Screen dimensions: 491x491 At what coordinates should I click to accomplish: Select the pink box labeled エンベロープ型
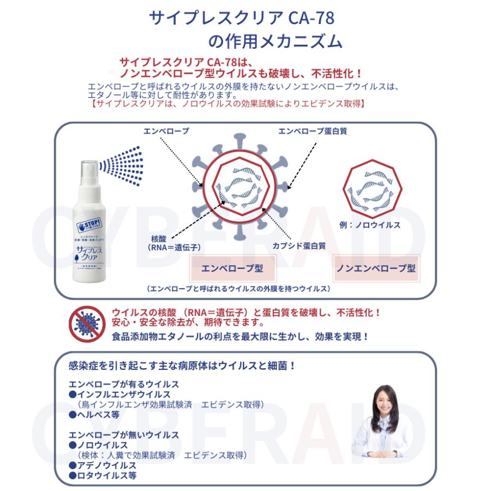[x=232, y=268]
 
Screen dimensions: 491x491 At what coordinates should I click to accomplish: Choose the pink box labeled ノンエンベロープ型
[x=376, y=268]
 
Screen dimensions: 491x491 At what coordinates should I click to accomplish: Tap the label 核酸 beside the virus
[x=161, y=238]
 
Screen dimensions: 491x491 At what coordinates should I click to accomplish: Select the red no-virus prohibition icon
[x=86, y=324]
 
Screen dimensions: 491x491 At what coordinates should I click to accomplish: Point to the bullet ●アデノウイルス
[x=103, y=465]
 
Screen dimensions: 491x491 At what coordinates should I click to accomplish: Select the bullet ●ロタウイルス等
[x=103, y=475]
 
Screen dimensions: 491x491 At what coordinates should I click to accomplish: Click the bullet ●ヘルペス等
[x=94, y=415]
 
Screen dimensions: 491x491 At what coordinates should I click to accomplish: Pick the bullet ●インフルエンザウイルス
[x=119, y=394]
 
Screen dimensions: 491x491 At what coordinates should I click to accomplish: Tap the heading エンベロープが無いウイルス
[x=123, y=435]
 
